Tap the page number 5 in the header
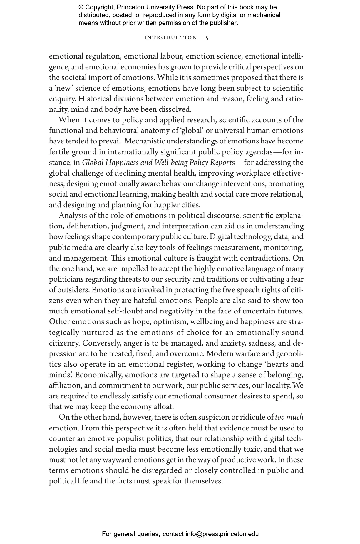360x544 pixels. [x=207, y=38]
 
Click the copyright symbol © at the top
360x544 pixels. [x=81, y=7]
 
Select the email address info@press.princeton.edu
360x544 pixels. [x=222, y=534]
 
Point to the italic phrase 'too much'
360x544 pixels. [x=289, y=417]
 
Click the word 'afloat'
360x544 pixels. [x=164, y=407]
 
